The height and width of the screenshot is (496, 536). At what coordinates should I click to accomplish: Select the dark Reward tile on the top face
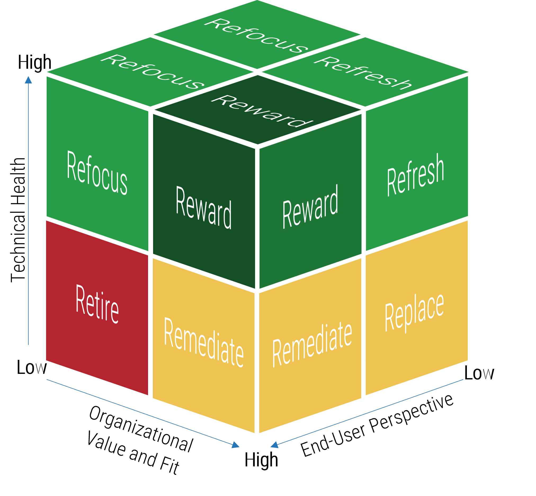pyautogui.click(x=257, y=110)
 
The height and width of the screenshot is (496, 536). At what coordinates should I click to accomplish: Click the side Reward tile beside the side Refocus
pyautogui.click(x=203, y=207)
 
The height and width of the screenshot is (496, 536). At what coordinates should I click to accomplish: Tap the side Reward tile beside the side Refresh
pyautogui.click(x=310, y=207)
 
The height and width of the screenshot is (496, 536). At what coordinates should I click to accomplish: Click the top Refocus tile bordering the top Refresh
pyautogui.click(x=257, y=35)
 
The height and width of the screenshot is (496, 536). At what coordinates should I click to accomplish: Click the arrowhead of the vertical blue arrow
pyautogui.click(x=28, y=80)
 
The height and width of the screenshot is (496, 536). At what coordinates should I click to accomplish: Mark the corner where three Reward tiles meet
pyautogui.click(x=257, y=146)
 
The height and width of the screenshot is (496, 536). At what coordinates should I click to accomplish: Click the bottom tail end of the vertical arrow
pyautogui.click(x=28, y=345)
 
